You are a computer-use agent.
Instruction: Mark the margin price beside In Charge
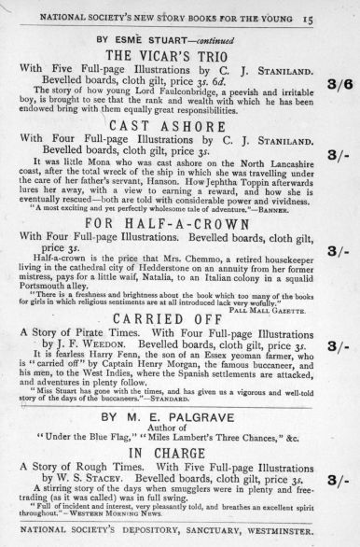(x=339, y=479)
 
